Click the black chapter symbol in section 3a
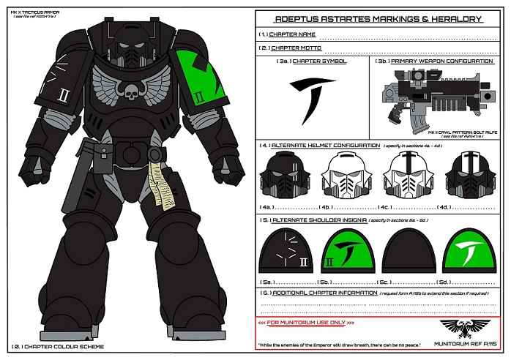point(311,95)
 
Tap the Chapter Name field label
point(293,34)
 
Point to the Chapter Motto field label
point(296,48)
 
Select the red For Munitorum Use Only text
point(307,322)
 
